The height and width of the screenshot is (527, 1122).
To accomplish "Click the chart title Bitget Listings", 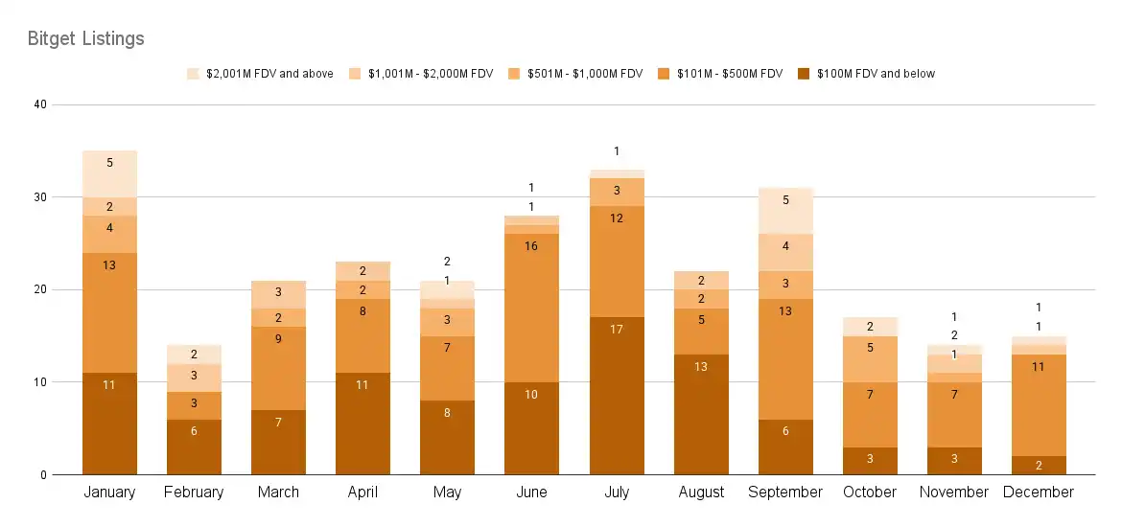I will (85, 39).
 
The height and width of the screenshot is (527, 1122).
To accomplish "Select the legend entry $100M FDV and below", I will (876, 74).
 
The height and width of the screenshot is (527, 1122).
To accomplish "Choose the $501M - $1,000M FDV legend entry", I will (584, 74).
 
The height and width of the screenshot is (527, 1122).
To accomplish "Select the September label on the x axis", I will (784, 493).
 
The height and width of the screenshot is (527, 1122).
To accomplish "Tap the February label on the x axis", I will (194, 493).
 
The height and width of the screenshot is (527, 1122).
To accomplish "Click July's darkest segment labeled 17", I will (617, 395).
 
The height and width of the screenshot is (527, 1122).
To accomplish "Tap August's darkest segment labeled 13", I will (701, 414).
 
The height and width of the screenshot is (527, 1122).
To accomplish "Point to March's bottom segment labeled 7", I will (278, 442).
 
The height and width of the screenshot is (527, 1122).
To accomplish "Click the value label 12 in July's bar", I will (617, 218).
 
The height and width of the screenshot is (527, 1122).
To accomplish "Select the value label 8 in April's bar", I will (362, 311).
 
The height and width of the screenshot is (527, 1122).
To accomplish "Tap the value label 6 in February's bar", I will (194, 431).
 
